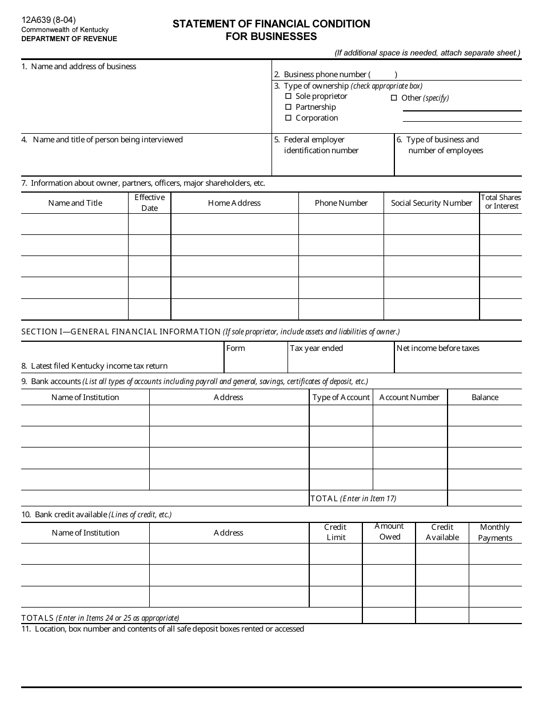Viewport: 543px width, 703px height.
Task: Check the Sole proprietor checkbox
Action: [x=289, y=97]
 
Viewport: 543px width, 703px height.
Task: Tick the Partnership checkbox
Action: [x=289, y=107]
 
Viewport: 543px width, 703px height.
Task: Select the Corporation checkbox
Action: [x=289, y=118]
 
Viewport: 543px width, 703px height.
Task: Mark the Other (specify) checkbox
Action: [x=394, y=98]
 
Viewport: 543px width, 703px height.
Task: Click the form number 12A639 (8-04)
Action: [x=49, y=20]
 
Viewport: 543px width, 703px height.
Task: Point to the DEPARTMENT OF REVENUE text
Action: [x=69, y=39]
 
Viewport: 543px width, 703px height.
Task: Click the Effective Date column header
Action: [x=149, y=203]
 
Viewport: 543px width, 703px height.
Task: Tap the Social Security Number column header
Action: [x=432, y=203]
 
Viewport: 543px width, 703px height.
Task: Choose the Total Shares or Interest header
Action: [x=501, y=202]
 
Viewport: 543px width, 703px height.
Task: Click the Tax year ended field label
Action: [x=317, y=348]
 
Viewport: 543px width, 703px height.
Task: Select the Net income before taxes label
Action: [x=438, y=348]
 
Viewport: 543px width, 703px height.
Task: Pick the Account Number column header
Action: [x=409, y=397]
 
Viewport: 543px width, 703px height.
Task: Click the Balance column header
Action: [x=485, y=397]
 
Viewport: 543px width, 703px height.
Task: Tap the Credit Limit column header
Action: [x=336, y=532]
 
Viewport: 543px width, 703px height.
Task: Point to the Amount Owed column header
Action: [x=389, y=532]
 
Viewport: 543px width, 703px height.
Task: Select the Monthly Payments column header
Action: [x=495, y=533]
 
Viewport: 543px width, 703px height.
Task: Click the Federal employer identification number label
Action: [x=321, y=145]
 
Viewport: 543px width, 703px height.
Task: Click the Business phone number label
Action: [x=325, y=74]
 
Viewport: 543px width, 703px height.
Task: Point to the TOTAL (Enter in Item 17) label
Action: [x=353, y=498]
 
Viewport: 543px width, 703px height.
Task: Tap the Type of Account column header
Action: [x=341, y=397]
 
